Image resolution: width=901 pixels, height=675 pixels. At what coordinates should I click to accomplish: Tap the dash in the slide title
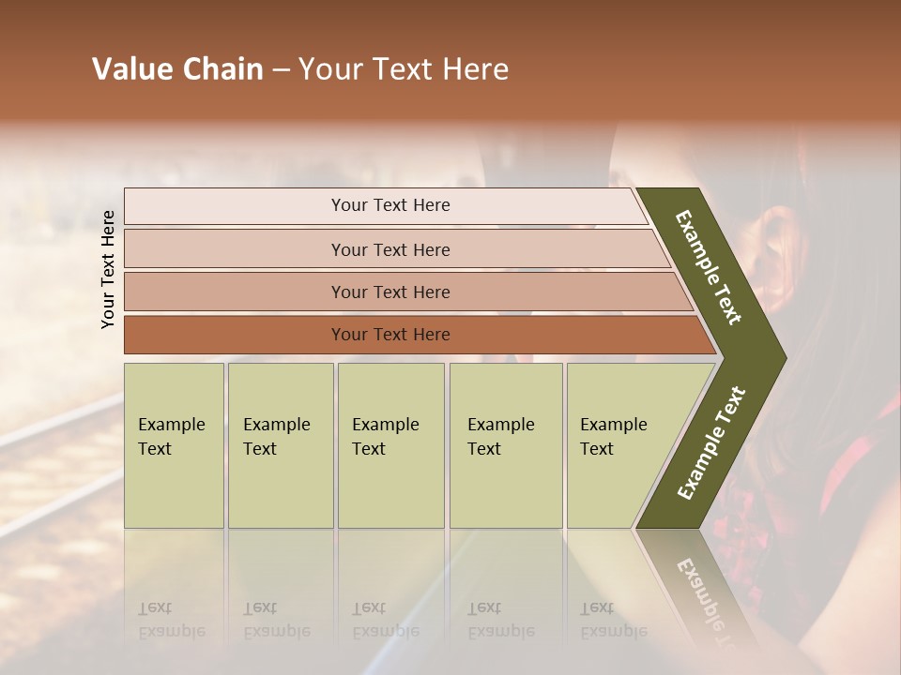[281, 70]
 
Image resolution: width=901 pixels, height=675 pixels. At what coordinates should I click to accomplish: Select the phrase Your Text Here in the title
[404, 69]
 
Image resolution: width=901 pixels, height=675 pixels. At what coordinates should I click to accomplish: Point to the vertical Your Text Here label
[108, 269]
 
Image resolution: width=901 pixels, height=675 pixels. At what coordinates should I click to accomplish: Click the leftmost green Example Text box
[174, 445]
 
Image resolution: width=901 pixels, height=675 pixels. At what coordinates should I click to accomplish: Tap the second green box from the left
[281, 445]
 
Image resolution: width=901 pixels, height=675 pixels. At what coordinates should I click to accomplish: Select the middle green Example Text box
[390, 445]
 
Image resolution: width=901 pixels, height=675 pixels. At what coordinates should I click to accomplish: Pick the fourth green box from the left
[506, 445]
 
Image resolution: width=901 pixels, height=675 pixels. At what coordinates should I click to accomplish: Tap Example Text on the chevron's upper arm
[709, 267]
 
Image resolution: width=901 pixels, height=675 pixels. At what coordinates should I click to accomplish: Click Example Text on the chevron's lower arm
[711, 443]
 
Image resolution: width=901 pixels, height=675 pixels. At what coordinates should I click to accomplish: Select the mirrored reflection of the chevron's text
[704, 591]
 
